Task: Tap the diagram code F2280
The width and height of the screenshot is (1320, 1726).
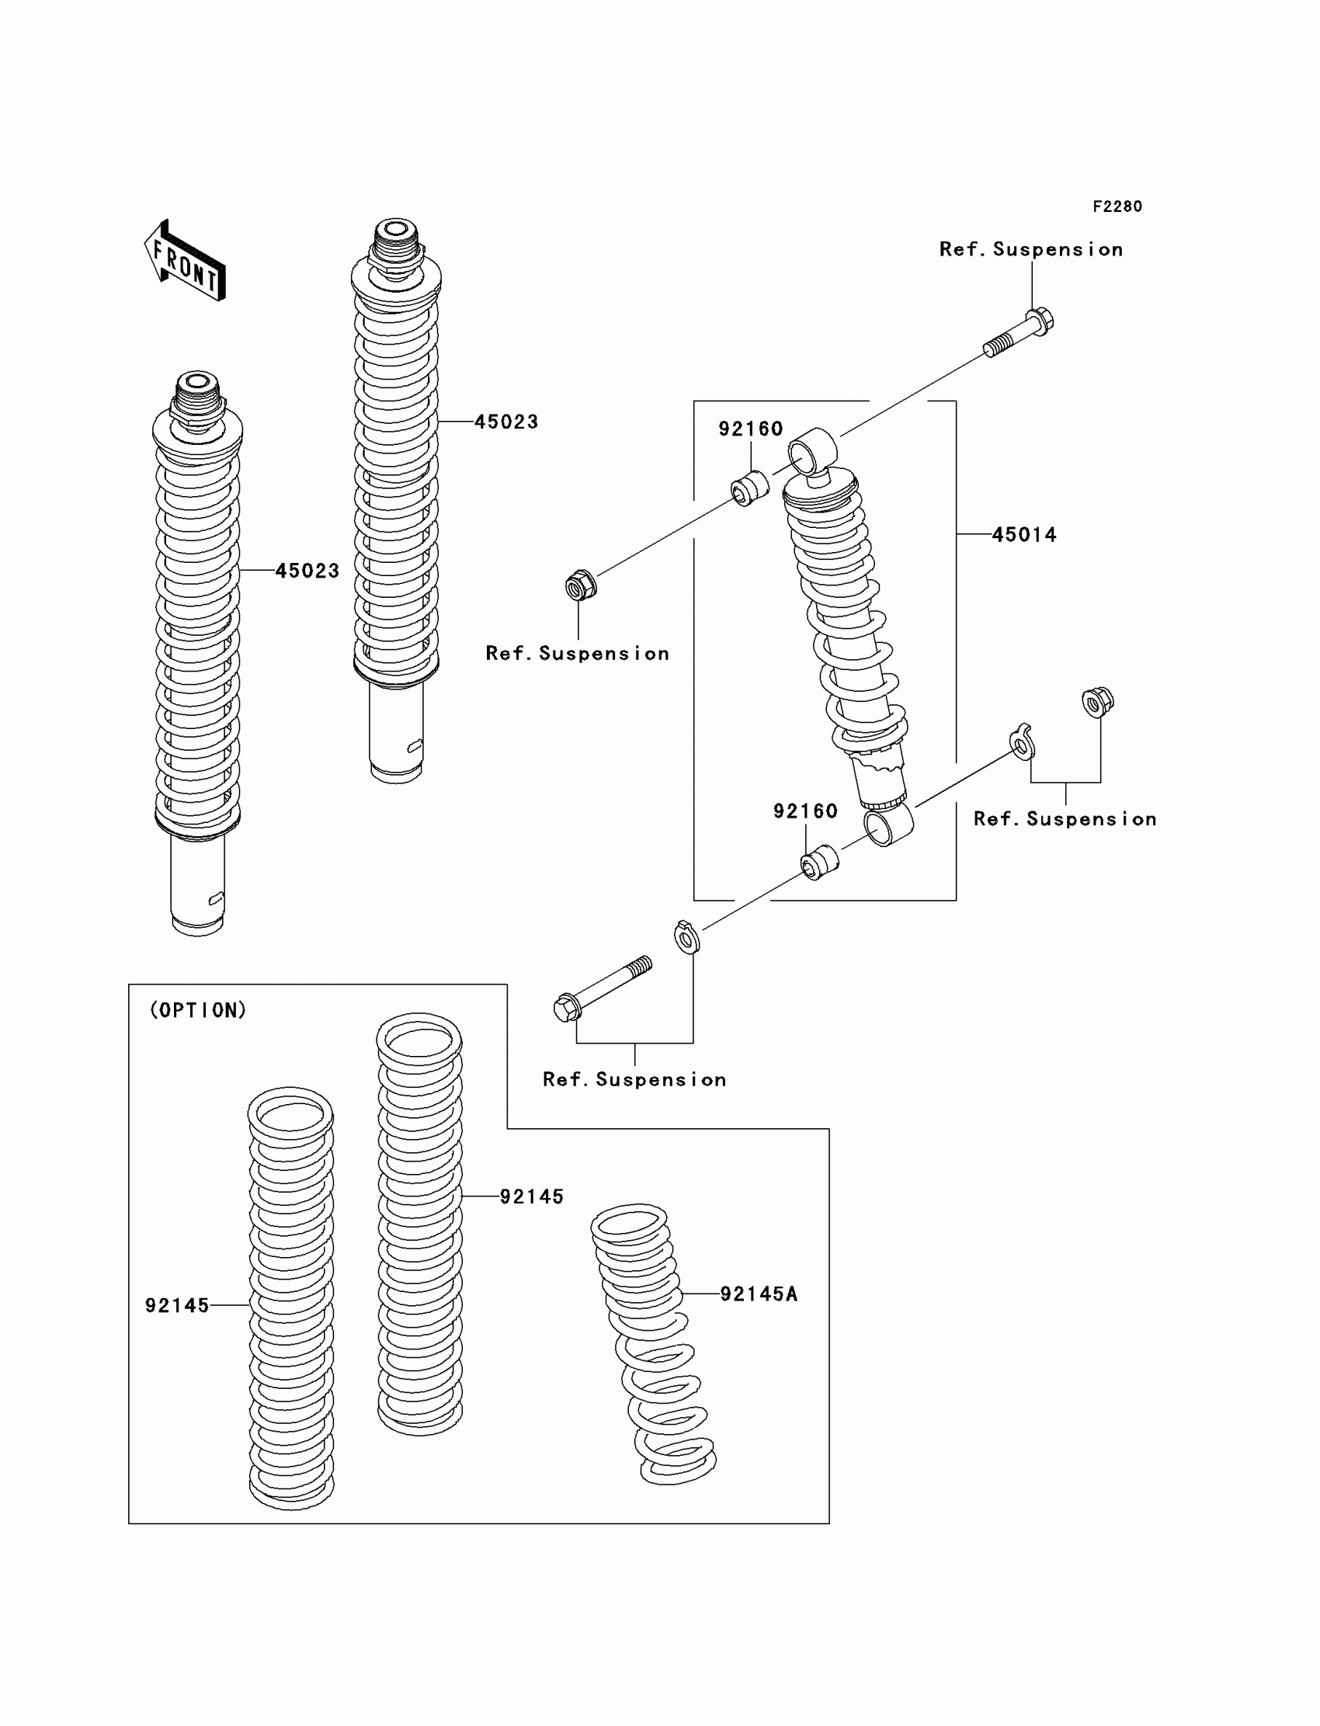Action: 1117,207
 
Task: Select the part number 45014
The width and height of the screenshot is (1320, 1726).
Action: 1024,535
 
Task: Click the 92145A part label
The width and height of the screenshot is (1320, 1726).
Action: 758,1294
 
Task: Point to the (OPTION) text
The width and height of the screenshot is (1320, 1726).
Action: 198,1010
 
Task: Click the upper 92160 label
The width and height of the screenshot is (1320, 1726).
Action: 750,429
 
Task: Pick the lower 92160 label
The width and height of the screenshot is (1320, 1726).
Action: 805,811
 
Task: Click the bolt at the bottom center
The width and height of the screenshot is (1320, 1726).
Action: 602,988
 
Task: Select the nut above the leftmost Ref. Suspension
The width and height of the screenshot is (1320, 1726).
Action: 581,585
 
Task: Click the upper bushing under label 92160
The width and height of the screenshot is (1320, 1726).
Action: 749,488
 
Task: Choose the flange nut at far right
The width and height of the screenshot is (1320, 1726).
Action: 1097,702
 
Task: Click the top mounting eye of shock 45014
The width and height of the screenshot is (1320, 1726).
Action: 811,452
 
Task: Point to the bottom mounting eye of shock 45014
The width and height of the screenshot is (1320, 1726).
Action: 888,825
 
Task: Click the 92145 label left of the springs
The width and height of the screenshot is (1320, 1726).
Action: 177,1306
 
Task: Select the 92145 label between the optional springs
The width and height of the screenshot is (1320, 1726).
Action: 531,1196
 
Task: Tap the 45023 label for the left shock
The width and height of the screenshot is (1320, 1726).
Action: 307,571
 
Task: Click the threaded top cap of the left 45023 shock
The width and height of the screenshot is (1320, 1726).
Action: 197,392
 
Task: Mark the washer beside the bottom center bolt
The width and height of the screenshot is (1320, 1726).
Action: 686,936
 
